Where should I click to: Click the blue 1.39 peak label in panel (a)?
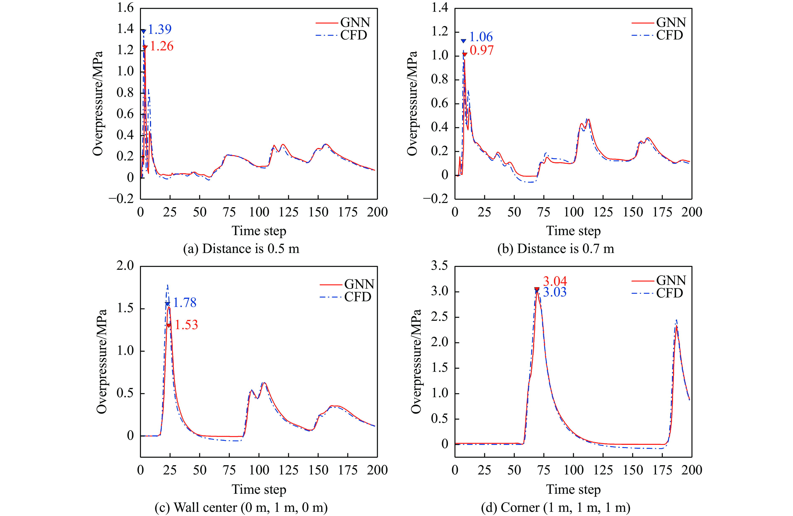tap(160, 30)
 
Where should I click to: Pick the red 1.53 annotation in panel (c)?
tap(186, 325)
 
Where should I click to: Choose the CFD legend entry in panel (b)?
tap(669, 35)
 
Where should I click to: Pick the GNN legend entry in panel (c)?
tap(359, 284)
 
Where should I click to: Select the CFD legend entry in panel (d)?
tap(669, 293)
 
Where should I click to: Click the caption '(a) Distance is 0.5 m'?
tap(241, 249)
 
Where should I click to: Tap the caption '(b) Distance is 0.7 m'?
tap(556, 249)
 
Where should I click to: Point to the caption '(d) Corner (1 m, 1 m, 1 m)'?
tap(556, 507)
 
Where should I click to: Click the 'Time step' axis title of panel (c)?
tap(259, 489)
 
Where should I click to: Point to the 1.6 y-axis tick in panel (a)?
tap(125, 8)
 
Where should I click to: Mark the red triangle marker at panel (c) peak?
tap(169, 326)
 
